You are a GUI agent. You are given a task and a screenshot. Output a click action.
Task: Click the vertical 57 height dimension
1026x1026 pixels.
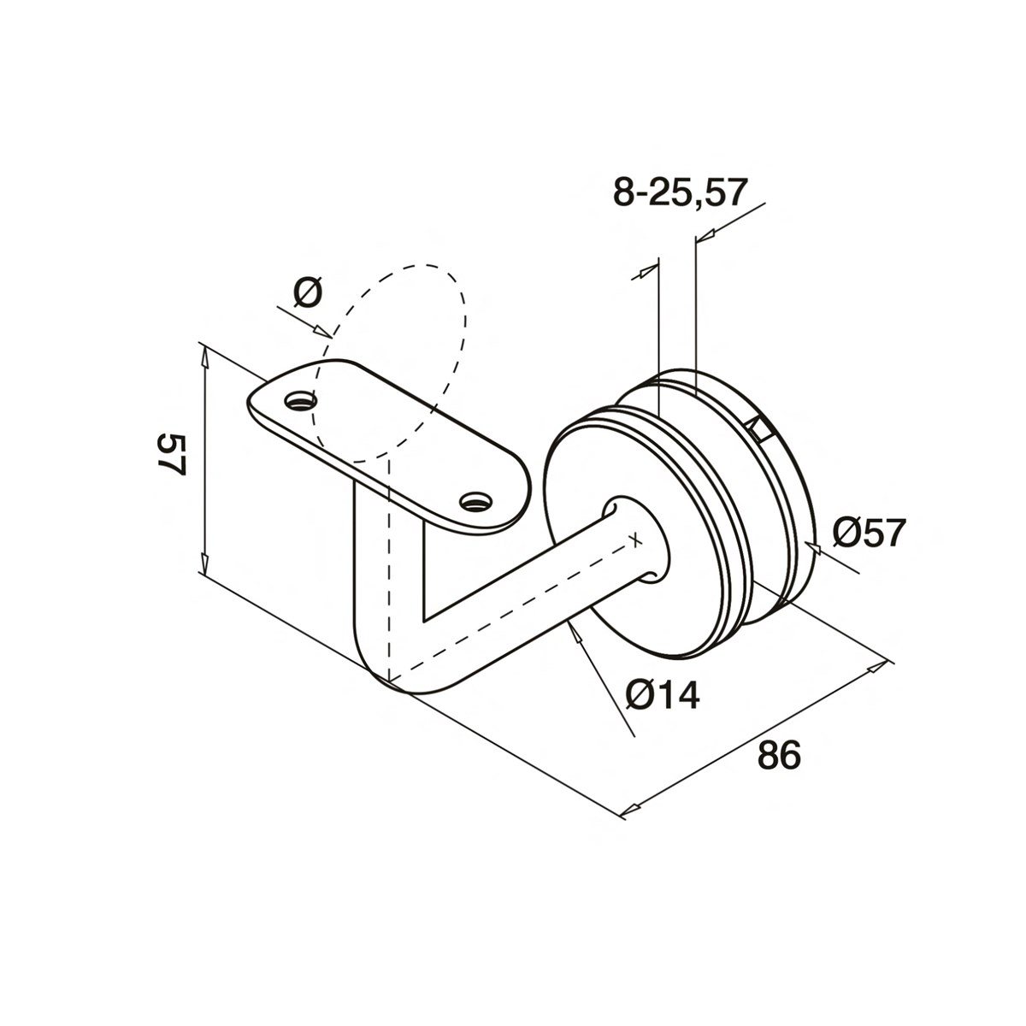pos(171,455)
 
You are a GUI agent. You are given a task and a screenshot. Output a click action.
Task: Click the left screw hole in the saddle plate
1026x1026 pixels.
pos(300,399)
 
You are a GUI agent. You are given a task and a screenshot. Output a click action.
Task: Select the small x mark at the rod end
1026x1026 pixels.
pos(634,540)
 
